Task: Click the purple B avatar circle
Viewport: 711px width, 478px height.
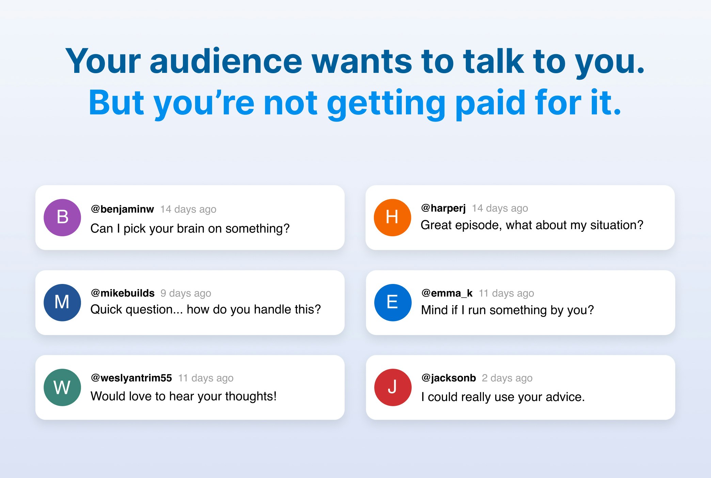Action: point(62,218)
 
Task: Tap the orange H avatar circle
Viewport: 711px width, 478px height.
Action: point(393,218)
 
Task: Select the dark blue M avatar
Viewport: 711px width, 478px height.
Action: point(62,303)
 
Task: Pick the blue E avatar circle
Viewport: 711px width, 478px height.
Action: point(393,303)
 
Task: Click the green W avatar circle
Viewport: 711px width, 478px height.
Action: point(62,387)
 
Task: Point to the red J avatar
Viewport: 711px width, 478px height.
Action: point(393,387)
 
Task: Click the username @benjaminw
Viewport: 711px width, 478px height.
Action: point(122,209)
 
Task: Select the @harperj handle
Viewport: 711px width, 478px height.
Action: point(443,208)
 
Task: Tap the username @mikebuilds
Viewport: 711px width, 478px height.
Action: point(123,293)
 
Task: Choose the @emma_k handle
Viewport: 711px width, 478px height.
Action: point(447,293)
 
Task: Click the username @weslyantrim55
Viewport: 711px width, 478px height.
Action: point(131,378)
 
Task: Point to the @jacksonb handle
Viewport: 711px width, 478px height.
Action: point(449,378)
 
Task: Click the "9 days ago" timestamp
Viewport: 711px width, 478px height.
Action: point(186,293)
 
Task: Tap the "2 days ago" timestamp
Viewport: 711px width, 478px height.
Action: point(507,378)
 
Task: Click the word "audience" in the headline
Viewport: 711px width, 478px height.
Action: point(226,61)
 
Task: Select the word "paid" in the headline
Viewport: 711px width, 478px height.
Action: point(491,103)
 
